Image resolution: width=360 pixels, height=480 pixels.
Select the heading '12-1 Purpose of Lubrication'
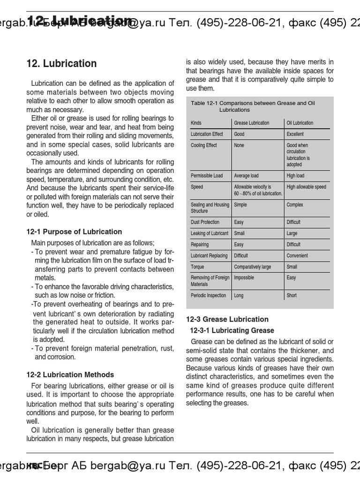click(74, 232)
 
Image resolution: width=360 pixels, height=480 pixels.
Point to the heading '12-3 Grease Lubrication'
click(227, 319)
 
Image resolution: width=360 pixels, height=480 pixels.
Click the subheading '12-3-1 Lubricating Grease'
click(232, 330)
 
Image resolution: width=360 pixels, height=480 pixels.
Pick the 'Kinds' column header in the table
click(196, 123)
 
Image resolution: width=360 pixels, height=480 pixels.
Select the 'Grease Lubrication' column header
click(252, 123)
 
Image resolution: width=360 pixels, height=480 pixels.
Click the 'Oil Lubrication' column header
click(300, 123)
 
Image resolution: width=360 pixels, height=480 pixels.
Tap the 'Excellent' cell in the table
click(295, 134)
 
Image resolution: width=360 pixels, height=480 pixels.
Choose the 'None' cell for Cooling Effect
click(239, 145)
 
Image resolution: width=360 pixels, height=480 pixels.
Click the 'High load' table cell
click(295, 176)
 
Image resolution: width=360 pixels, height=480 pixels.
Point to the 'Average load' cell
click(246, 176)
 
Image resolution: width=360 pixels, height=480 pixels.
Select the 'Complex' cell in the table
click(295, 205)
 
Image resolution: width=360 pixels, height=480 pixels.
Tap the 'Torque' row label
click(197, 267)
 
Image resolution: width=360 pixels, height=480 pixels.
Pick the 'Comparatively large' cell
click(252, 267)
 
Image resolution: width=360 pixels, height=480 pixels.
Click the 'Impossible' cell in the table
click(244, 278)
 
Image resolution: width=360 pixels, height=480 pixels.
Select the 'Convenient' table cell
click(297, 255)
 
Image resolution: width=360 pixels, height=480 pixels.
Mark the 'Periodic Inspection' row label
click(208, 295)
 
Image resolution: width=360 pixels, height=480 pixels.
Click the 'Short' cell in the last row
click(292, 295)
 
